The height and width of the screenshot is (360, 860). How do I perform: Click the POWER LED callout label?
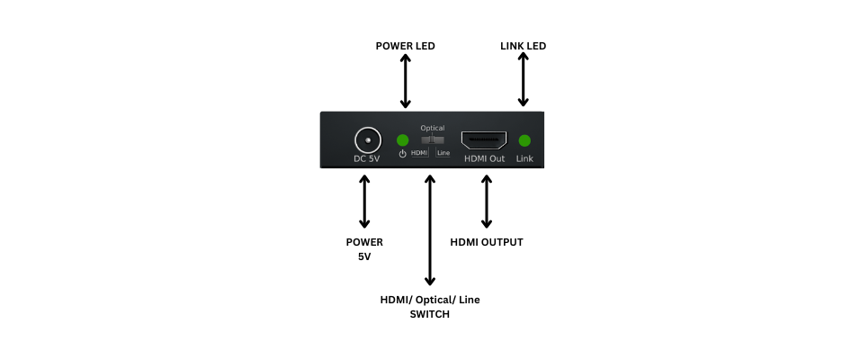coord(405,46)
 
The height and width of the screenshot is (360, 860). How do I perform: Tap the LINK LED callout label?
coord(523,46)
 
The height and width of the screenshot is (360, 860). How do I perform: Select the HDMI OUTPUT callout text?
coord(487,242)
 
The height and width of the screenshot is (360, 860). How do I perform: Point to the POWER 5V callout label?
coord(364,249)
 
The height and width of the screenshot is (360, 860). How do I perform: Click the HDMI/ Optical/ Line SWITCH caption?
coord(430,307)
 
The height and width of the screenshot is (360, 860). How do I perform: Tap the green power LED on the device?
coord(403,139)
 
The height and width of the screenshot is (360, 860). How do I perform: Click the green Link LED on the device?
coord(525,139)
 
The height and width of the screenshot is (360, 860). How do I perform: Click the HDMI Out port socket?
coord(484,139)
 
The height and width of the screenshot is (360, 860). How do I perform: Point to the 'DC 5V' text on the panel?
coord(367,158)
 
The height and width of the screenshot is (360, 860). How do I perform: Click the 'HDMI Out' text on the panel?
coord(484,158)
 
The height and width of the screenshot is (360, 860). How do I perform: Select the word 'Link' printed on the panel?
coord(525,158)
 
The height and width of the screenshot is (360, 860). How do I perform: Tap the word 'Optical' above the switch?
coord(433,128)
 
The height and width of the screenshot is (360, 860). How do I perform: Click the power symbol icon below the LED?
coord(402,154)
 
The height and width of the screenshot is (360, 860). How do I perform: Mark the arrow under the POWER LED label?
coord(405,81)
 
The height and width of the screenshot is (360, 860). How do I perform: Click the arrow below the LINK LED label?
coord(523,79)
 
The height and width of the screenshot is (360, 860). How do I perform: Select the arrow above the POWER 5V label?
coord(364,202)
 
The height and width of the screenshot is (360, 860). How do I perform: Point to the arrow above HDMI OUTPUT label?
coord(487,202)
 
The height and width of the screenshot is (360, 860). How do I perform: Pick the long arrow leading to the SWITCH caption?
coord(430,230)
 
